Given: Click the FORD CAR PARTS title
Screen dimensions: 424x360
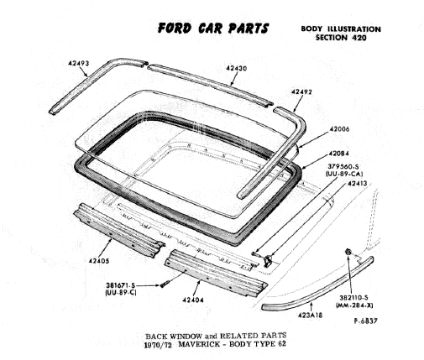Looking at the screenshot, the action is [x=213, y=29].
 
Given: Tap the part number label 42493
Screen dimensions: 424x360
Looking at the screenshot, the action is [x=79, y=64].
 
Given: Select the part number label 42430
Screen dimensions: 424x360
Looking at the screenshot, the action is [x=237, y=68].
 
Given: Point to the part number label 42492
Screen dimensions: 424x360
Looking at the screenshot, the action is [x=301, y=91].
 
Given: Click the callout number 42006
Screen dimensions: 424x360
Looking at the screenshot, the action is [x=339, y=129].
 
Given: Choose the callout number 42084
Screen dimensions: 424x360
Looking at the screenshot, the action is [x=339, y=154].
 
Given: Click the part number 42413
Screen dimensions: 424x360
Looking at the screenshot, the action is [x=357, y=184].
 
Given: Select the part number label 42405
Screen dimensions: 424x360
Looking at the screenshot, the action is [x=99, y=261].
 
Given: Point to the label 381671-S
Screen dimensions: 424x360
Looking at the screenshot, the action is [x=120, y=285].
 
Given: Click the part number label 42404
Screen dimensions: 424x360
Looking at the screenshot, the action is [x=193, y=300].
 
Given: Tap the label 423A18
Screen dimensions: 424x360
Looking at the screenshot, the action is [x=310, y=316].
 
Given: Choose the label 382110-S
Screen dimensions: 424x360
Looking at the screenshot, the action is [x=354, y=298].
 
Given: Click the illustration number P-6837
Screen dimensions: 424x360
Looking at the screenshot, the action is [x=365, y=321].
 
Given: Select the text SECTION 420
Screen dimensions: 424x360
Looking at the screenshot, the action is [x=341, y=37].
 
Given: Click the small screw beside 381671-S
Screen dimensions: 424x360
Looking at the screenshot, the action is [x=163, y=285].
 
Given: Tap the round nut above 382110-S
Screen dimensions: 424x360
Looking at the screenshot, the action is [x=348, y=252].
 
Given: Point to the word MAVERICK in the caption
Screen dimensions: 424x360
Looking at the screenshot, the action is [x=199, y=344].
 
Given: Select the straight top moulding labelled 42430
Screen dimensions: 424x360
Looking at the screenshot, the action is [x=210, y=85].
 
